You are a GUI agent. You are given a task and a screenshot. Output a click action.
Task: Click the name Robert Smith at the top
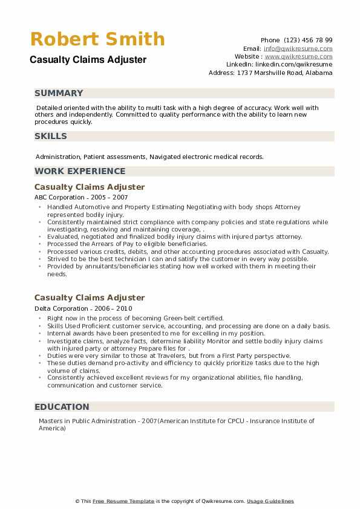coord(97,39)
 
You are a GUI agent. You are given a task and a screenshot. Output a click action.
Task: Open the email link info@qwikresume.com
coord(298,48)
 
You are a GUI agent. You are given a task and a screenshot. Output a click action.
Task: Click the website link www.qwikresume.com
coord(298,56)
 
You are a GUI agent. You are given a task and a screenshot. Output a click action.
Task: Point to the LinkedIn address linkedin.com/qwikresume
coord(293,64)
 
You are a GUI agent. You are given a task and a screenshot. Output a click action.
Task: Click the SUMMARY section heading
coord(59,93)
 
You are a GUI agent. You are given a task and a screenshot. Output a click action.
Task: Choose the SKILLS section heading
coord(51,136)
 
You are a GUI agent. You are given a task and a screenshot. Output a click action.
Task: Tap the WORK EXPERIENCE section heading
coord(80,171)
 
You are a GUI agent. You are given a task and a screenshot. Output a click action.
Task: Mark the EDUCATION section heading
coord(62,407)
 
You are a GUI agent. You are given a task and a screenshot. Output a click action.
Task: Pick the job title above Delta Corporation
coord(90,297)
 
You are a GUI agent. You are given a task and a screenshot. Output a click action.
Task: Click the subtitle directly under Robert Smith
coord(87,60)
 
